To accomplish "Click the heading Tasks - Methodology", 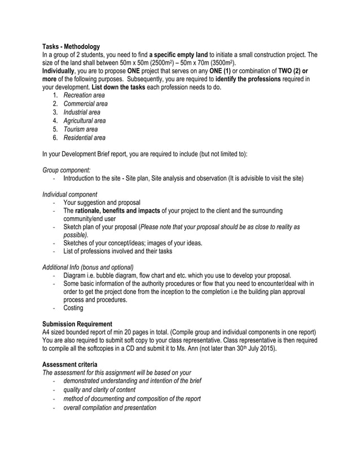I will [72, 46].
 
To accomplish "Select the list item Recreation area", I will [84, 95].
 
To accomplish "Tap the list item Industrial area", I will [82, 112].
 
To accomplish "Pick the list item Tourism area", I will [80, 129].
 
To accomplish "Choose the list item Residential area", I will [84, 138].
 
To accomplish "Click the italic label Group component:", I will [68, 170].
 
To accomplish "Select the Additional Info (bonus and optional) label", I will [88, 267].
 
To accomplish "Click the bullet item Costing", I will [73, 308].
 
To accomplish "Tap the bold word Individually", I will [60, 71].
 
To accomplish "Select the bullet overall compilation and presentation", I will [109, 407].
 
